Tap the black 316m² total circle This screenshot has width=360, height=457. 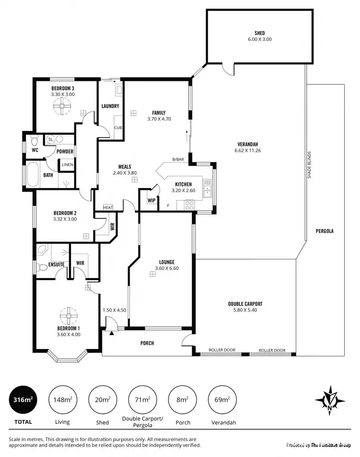point(23,399)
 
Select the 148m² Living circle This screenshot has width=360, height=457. point(62,399)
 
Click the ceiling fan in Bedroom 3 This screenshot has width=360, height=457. point(62,108)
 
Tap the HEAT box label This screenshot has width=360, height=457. point(108,208)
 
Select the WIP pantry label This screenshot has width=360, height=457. point(152,200)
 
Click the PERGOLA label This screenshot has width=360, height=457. point(324,231)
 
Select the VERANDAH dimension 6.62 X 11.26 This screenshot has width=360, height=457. point(248,151)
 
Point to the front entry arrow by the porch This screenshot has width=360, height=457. point(111,333)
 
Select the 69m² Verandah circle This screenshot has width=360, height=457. point(222,399)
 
